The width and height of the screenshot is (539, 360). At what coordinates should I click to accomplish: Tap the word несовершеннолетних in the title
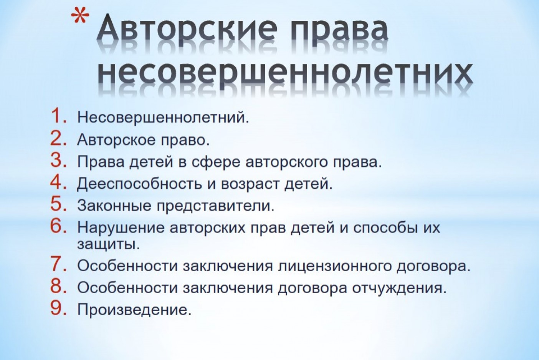(285, 74)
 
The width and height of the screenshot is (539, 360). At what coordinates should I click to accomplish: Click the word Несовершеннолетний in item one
(163, 117)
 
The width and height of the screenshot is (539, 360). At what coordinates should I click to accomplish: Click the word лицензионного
(334, 266)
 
